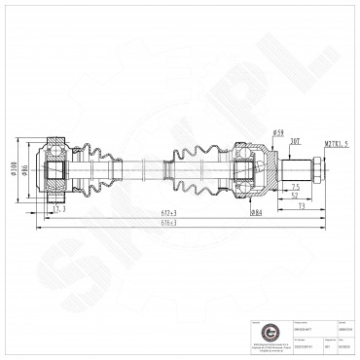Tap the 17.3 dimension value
(x=59, y=208)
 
